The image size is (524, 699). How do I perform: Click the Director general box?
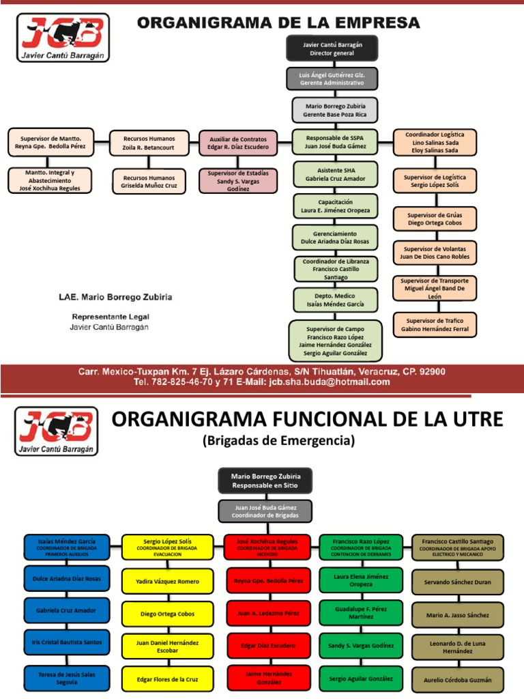(332, 48)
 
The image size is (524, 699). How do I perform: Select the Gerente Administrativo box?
(332, 79)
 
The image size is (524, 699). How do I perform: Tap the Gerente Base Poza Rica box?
(335, 110)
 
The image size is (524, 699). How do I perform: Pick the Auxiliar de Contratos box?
(238, 143)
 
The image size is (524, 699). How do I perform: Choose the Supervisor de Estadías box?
(238, 181)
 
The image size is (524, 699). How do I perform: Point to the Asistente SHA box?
(335, 174)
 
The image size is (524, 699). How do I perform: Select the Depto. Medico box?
(335, 300)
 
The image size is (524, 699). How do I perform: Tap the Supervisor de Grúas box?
(435, 218)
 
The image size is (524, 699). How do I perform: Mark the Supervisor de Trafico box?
(435, 324)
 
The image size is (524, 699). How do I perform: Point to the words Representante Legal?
(111, 317)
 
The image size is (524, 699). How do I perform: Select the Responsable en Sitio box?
(265, 480)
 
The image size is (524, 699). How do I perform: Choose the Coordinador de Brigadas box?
(265, 511)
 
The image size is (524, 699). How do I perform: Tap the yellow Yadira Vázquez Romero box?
(167, 582)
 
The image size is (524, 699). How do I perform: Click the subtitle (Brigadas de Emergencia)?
(278, 442)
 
